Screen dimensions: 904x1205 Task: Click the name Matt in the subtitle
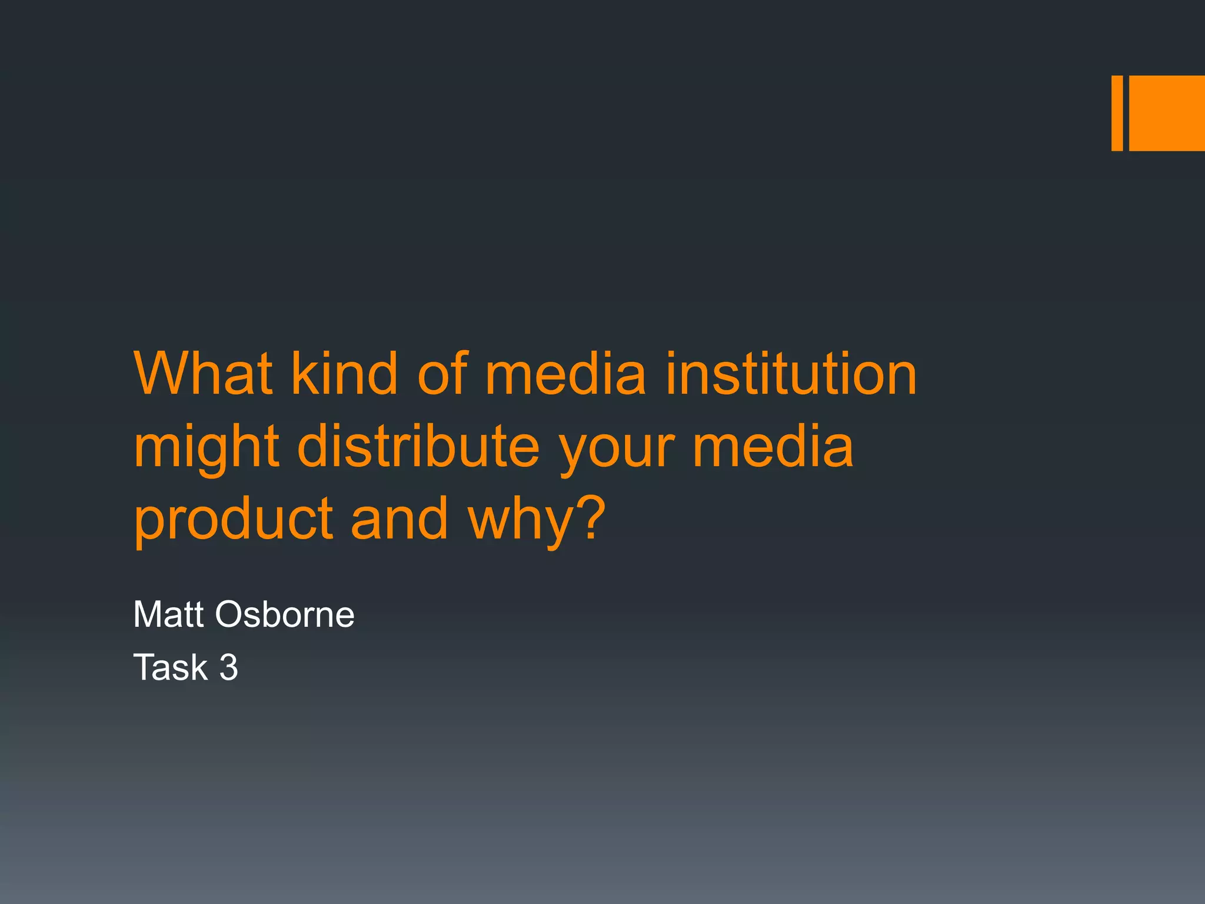tap(169, 614)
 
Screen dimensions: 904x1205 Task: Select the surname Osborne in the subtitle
tap(285, 614)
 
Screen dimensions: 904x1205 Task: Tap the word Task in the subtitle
tap(171, 667)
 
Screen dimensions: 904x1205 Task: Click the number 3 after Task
tap(229, 667)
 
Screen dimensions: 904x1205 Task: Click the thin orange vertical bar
tap(1117, 113)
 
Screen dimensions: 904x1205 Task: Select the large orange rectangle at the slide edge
tap(1167, 113)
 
